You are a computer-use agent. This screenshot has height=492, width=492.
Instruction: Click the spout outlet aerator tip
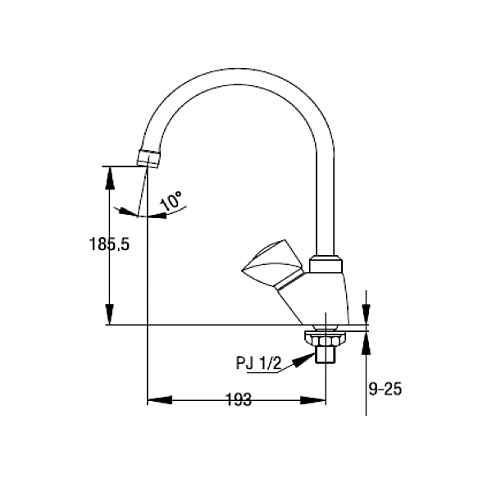tap(148, 157)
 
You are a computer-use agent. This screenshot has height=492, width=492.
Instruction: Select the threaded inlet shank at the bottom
tap(326, 353)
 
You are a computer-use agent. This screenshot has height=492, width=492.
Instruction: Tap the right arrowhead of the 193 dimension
tap(321, 401)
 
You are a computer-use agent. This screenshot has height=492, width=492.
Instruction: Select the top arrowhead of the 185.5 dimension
tap(109, 171)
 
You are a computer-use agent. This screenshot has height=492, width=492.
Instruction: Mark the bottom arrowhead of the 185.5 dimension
tap(109, 320)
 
